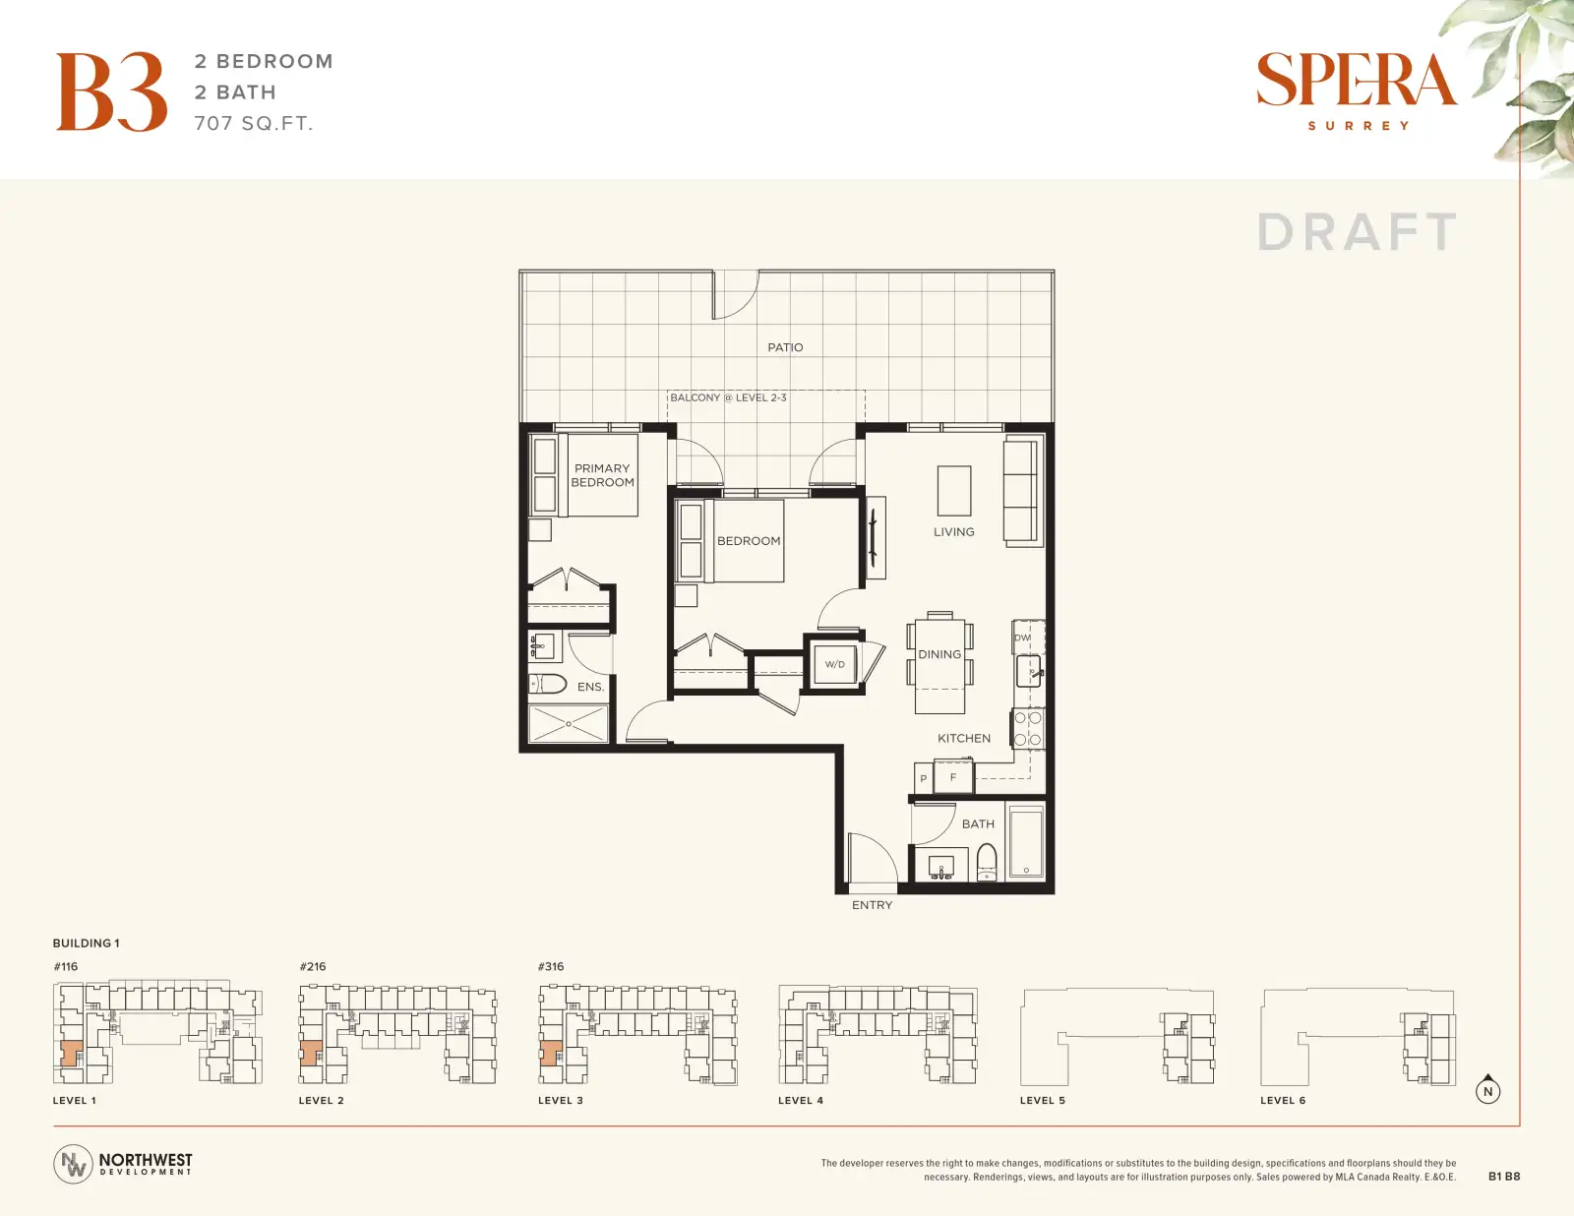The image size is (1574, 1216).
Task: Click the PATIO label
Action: [785, 347]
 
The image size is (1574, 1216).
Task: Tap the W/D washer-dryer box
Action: [834, 664]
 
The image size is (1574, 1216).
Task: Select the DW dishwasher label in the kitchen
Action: [1022, 638]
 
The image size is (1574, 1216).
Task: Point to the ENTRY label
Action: [873, 905]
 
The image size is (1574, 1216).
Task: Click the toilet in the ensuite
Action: [548, 684]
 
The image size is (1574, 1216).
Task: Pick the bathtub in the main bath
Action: [1026, 840]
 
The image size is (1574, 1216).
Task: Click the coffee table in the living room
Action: [954, 490]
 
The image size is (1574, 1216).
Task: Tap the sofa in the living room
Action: [1023, 492]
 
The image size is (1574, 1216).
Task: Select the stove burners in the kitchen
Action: [1028, 729]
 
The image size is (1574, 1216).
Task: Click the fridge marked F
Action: [952, 777]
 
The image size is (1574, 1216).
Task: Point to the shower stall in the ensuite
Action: [569, 723]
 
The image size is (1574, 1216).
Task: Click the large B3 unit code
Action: [111, 91]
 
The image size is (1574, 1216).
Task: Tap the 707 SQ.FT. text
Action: [254, 124]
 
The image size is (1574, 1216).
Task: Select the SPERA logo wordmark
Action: [1357, 80]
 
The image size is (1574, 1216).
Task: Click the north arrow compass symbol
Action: [1487, 1089]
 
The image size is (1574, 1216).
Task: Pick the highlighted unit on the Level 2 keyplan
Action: [311, 1053]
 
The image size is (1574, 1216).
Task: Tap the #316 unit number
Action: [551, 967]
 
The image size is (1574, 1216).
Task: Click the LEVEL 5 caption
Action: [1043, 1101]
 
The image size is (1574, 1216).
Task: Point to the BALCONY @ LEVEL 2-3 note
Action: [728, 397]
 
